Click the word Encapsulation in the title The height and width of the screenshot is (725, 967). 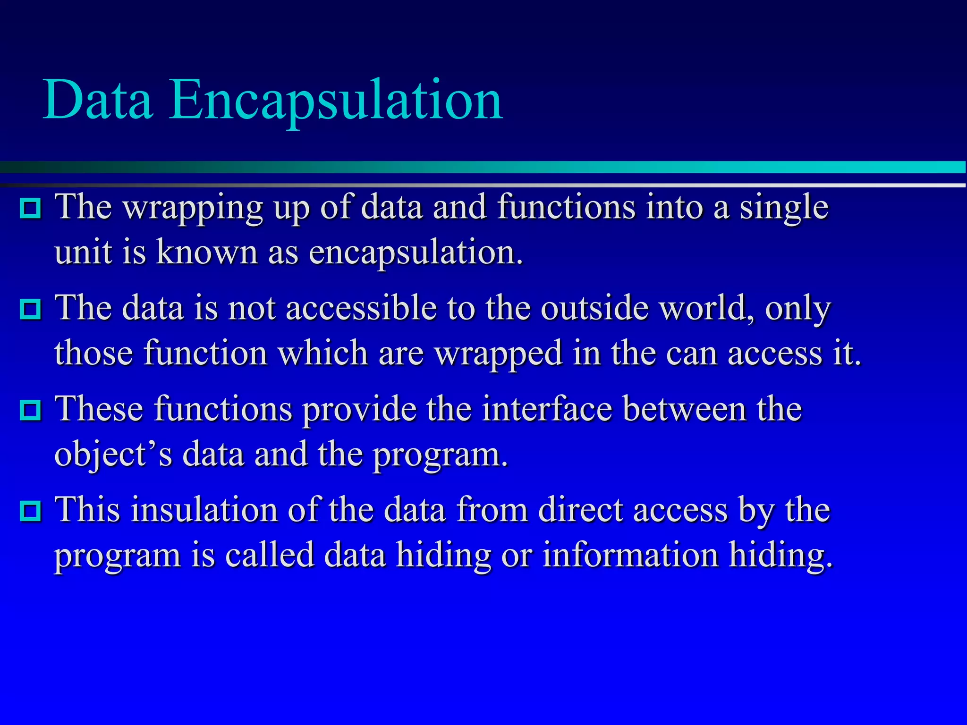(x=336, y=101)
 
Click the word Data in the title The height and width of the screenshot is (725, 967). (x=98, y=100)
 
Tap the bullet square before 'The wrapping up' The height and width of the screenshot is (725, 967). (x=31, y=208)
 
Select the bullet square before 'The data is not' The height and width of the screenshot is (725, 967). (x=31, y=309)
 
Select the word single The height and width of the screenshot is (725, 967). (x=784, y=209)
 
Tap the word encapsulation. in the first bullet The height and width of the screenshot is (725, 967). (x=416, y=253)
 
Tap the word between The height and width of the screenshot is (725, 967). (x=684, y=409)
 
